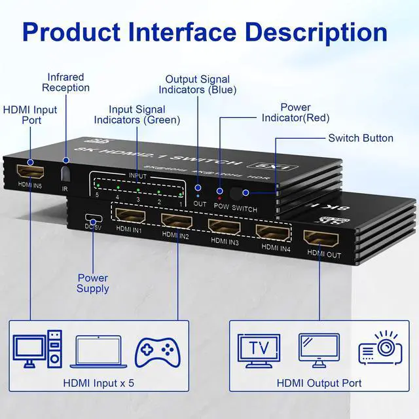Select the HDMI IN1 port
[x=130, y=215]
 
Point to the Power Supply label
[x=93, y=283]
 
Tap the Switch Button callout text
[x=361, y=138]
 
